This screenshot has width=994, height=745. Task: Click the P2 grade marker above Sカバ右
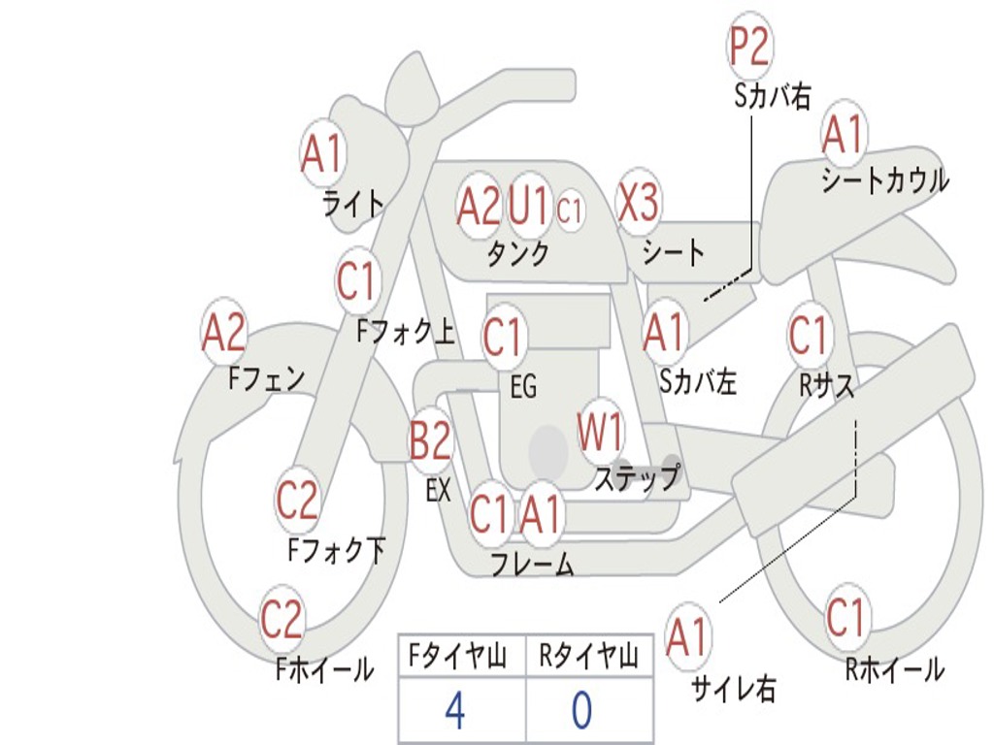pos(749,47)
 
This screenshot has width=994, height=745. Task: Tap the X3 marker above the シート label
pos(638,202)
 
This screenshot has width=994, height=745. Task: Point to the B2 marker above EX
pos(431,439)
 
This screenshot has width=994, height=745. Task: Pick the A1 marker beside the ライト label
pos(323,153)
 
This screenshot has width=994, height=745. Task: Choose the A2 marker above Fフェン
pos(223,332)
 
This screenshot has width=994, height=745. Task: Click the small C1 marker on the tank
pos(569,210)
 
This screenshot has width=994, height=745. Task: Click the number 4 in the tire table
pos(455,710)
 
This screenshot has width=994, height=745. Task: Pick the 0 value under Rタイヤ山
pos(582,710)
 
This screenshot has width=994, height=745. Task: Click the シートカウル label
pos(884,179)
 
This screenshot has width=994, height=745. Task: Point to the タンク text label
pos(518,253)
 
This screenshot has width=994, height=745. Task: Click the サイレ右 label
pos(734,688)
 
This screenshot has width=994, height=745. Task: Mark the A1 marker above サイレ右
pos(687,636)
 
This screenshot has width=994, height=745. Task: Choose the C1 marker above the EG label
pos(503,337)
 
